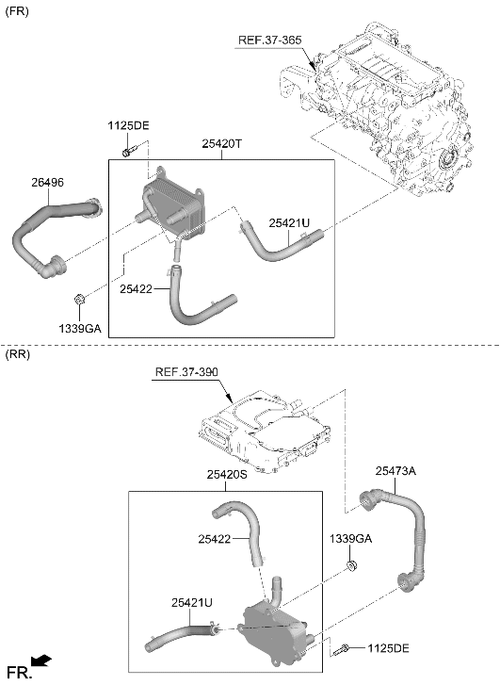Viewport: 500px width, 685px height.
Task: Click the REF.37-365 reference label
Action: point(270,41)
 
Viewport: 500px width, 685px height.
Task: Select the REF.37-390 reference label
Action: point(186,372)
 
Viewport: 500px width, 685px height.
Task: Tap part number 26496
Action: point(47,183)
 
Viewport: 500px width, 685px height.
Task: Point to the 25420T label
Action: point(221,143)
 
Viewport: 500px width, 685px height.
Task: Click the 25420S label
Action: point(227,475)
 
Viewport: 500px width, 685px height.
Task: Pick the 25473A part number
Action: point(395,471)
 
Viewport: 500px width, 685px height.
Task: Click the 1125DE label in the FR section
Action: point(128,126)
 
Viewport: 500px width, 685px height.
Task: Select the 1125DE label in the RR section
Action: point(388,648)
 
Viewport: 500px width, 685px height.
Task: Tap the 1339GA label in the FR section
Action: point(80,329)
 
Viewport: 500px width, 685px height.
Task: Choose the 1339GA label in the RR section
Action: point(350,539)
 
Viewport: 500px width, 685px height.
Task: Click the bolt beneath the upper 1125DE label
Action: point(130,151)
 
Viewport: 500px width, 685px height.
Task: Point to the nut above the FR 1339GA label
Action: point(79,301)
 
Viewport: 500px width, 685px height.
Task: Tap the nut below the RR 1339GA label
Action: point(350,565)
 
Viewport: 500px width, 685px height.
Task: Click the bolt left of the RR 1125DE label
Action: point(341,649)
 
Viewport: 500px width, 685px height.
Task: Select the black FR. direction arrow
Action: point(41,661)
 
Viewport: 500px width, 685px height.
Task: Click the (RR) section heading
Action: point(18,354)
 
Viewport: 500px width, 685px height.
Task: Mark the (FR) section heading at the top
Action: point(17,12)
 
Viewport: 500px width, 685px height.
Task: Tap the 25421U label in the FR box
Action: point(289,222)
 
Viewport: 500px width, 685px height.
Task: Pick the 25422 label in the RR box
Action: point(215,539)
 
